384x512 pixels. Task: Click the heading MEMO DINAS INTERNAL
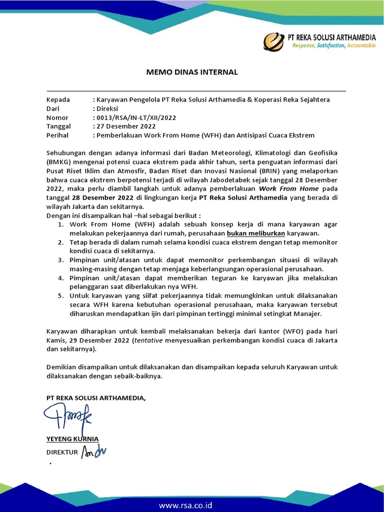tap(192, 72)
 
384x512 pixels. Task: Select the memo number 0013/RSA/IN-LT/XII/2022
tap(136, 117)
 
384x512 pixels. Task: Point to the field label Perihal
tap(57, 135)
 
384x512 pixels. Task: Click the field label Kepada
tap(58, 99)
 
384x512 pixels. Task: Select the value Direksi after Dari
tap(107, 108)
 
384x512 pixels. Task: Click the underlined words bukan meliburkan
tap(256, 233)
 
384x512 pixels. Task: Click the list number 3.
tap(60, 260)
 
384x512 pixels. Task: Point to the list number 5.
tap(60, 296)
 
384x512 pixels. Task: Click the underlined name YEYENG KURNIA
tap(72, 439)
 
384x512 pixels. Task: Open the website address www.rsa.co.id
tap(185, 505)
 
